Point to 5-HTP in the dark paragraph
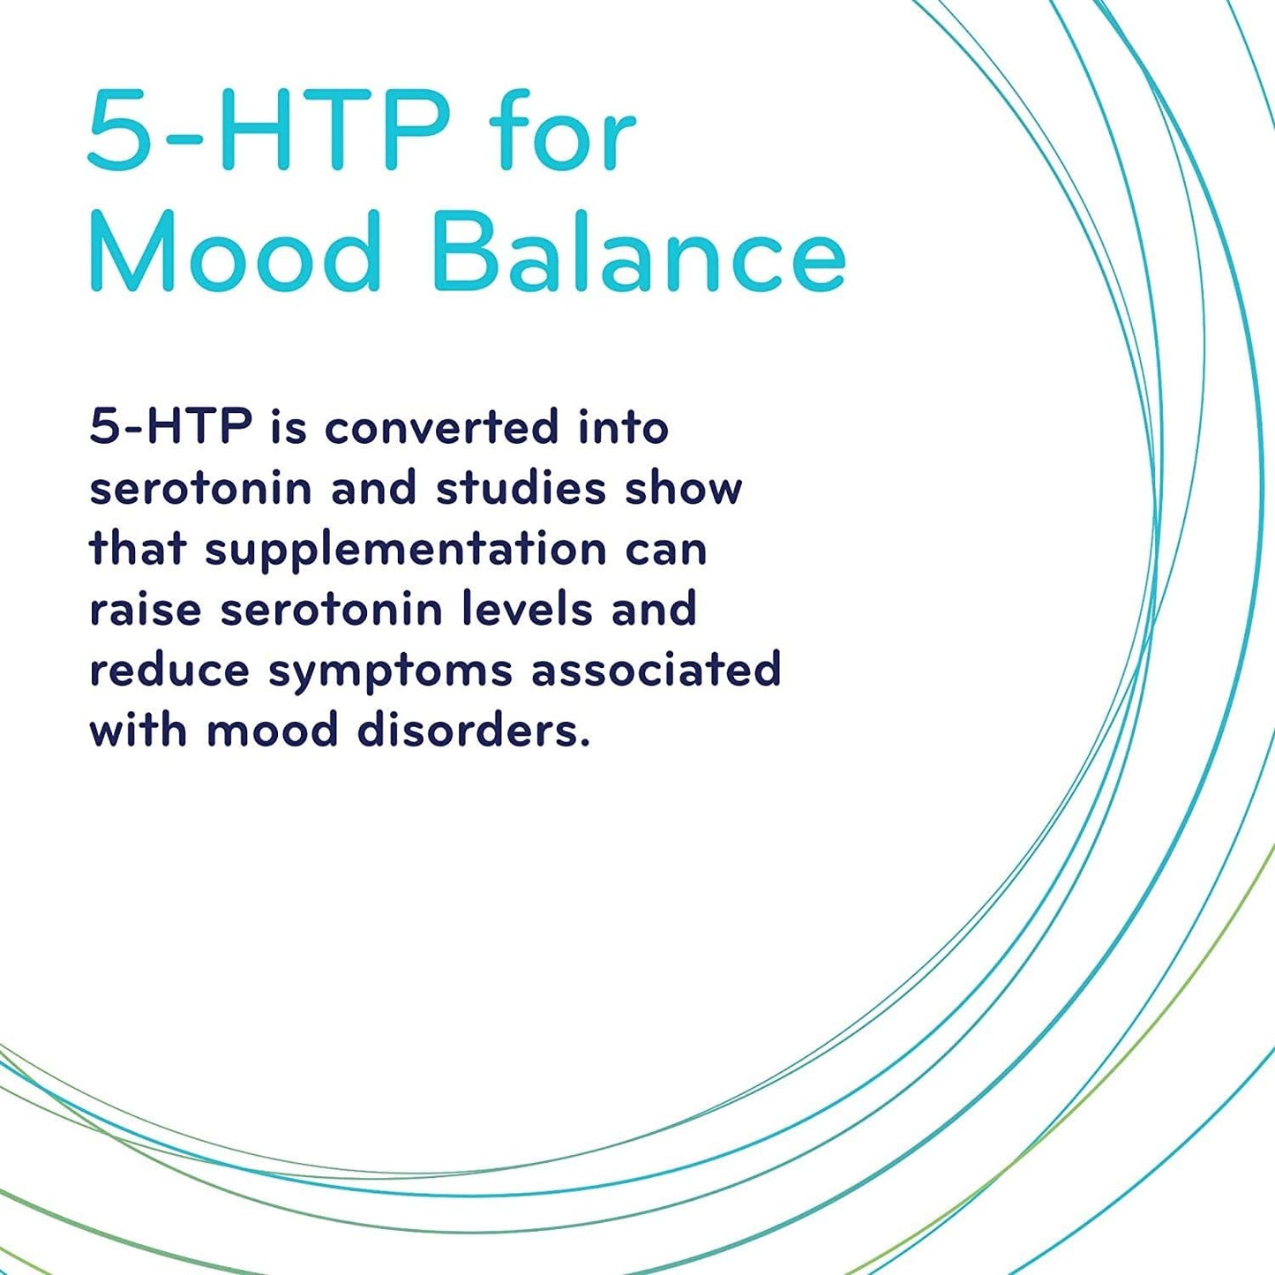coord(171,427)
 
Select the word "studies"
coord(521,489)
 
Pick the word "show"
coord(684,489)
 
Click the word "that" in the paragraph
coord(138,549)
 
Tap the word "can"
coord(667,551)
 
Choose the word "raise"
coord(146,610)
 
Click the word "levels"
coord(528,610)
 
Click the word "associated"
coord(656,670)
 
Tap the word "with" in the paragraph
coord(139,731)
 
